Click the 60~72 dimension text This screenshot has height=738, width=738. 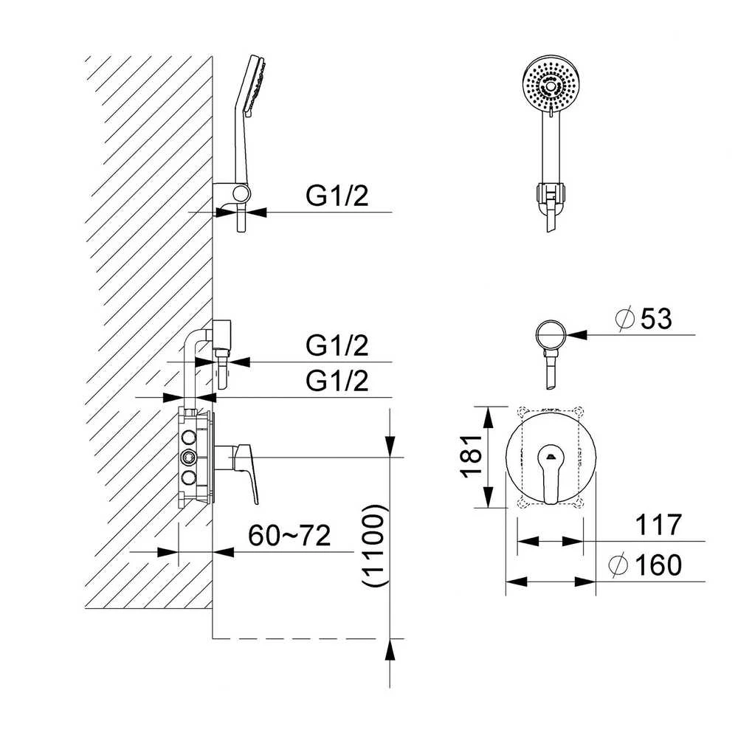coord(289,535)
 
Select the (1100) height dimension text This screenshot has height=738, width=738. coord(375,545)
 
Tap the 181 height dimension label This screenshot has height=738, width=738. coord(472,457)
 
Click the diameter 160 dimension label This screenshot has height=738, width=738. coord(645,565)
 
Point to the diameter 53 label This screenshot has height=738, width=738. coord(644,319)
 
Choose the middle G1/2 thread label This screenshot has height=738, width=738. coord(337,345)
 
